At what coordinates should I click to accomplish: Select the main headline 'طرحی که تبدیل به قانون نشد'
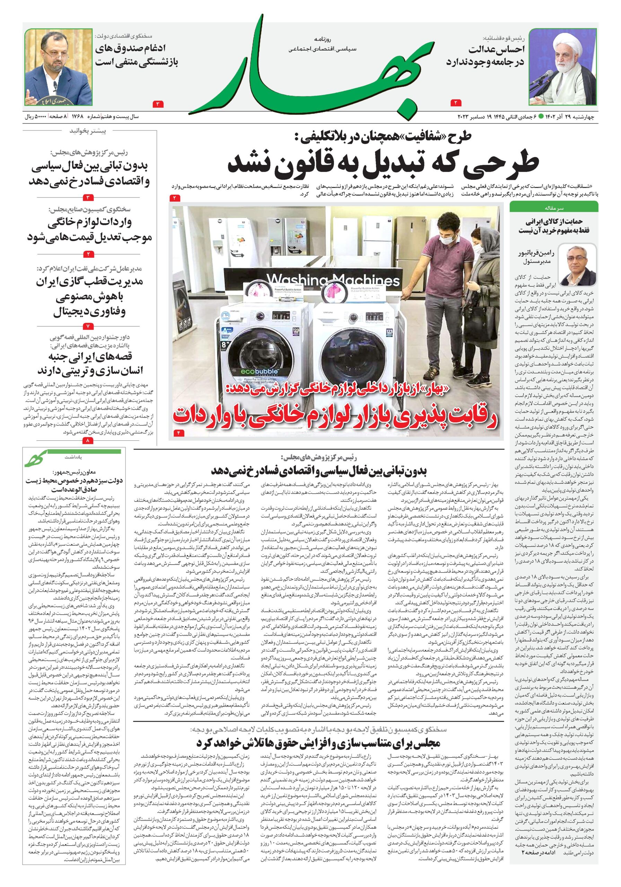coord(383,165)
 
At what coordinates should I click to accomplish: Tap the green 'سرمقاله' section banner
coord(553,208)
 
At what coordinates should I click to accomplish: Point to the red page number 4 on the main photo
coord(179,433)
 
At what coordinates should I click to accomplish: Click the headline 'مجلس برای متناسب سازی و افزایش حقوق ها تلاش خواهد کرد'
coord(318,743)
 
